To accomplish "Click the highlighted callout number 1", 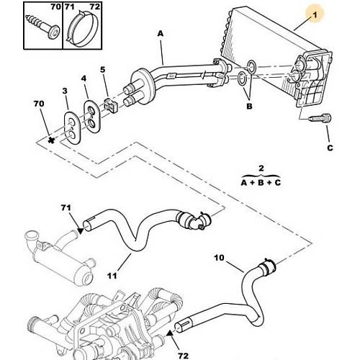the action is [x=315, y=15].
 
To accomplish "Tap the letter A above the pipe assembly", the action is [x=161, y=33].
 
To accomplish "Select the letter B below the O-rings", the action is [x=249, y=106].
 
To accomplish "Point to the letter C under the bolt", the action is [x=330, y=148].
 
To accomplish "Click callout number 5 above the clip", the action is [x=103, y=70].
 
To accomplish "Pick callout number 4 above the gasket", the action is [x=84, y=78].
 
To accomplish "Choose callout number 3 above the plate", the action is [x=65, y=91].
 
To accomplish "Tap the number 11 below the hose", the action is [x=112, y=276].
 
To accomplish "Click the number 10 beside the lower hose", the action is [x=219, y=258].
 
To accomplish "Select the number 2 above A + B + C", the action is [x=261, y=168].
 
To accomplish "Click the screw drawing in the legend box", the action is [x=42, y=27].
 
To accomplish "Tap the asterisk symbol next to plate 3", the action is [x=51, y=140].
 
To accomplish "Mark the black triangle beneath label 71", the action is [x=80, y=231].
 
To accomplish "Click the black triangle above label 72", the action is [x=170, y=333].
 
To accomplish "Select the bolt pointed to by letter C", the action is [x=320, y=118].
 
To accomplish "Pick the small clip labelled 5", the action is [x=110, y=104].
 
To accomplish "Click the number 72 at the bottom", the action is [x=184, y=355].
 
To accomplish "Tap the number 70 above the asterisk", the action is [x=39, y=104].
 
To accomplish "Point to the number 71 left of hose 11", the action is [x=66, y=207].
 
